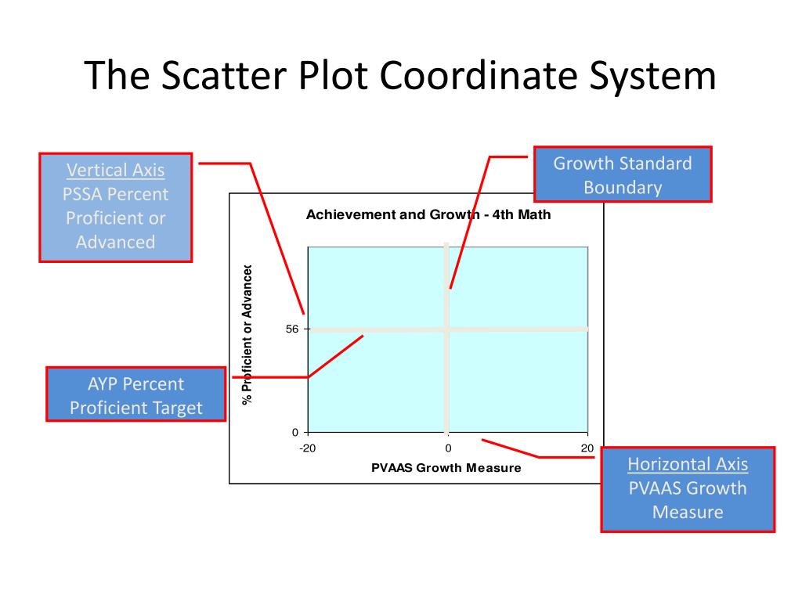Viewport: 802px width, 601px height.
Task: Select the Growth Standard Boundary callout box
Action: tap(623, 175)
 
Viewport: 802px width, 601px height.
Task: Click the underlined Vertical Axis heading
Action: tap(116, 170)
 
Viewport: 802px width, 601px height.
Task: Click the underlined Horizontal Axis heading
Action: tap(688, 464)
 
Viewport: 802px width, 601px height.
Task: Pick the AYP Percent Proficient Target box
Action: tap(135, 395)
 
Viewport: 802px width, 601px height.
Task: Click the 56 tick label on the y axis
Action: tap(292, 329)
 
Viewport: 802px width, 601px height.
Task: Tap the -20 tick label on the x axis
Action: tap(308, 448)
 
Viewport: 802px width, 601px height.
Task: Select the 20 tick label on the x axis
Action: tap(587, 448)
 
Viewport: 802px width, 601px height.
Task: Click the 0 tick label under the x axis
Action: tap(448, 448)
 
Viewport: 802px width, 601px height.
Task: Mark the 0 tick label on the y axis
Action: tap(295, 432)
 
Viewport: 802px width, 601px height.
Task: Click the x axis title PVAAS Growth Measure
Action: tap(446, 468)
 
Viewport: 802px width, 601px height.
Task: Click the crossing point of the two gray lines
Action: tap(447, 329)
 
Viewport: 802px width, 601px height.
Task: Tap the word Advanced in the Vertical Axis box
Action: tap(116, 242)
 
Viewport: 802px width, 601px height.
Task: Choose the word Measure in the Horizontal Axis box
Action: tap(688, 513)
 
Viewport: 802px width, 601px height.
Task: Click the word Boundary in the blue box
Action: tap(623, 188)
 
